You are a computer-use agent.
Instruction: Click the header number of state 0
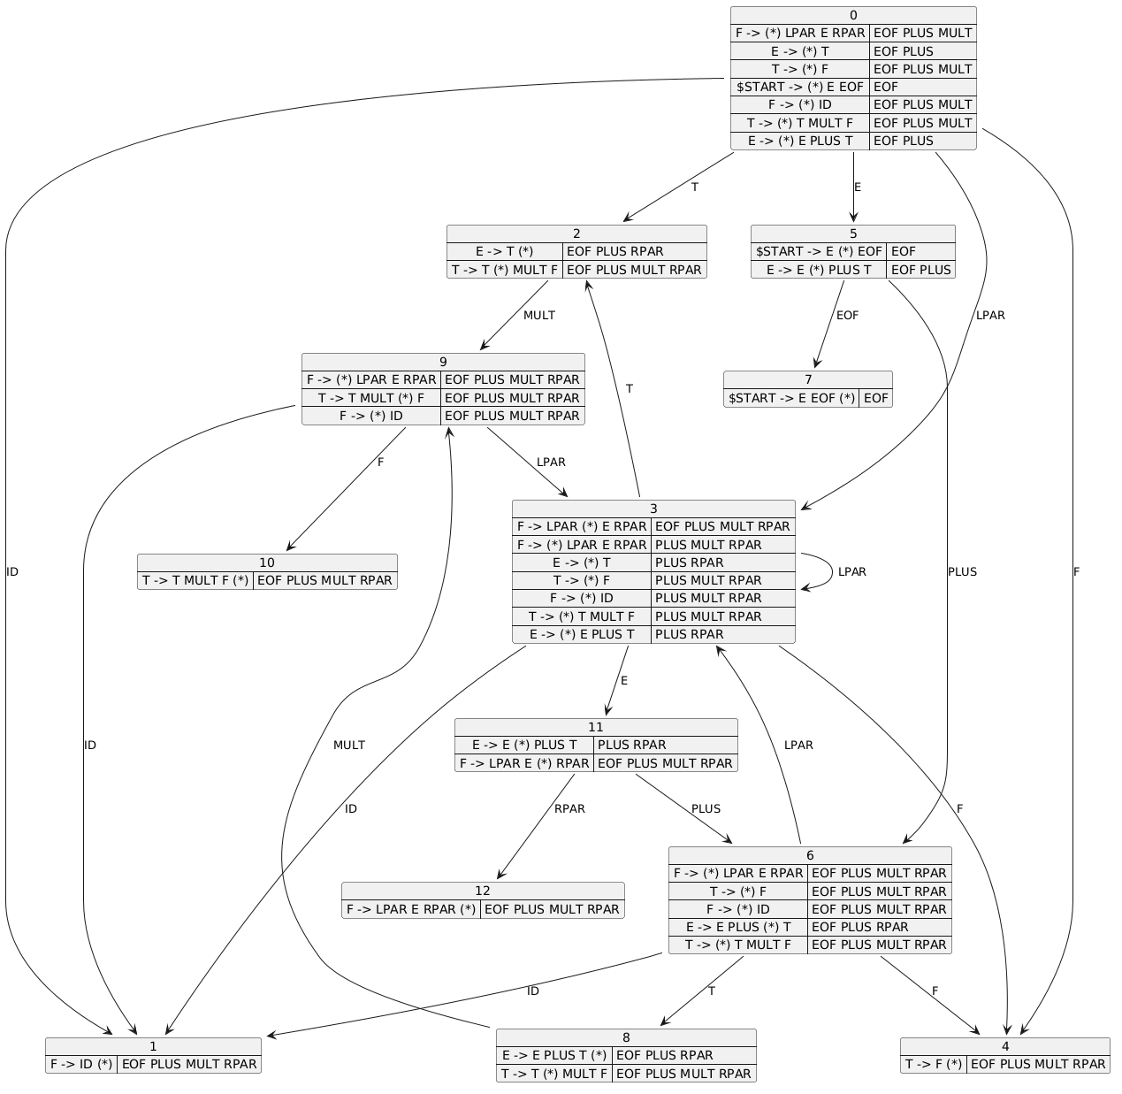[x=852, y=16]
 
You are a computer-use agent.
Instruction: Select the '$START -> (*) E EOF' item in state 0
[x=799, y=87]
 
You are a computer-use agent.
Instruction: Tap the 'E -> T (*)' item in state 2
[x=504, y=251]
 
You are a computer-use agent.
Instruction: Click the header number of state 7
[x=808, y=379]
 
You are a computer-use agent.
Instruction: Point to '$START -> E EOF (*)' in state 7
[x=791, y=398]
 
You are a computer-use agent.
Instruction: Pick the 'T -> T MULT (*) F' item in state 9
[x=370, y=398]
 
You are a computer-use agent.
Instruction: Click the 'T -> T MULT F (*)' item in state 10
[x=195, y=580]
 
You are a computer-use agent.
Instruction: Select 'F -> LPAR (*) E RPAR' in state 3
[x=581, y=526]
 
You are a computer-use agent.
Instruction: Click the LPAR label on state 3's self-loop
[x=851, y=571]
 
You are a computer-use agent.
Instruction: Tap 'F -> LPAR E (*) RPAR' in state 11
[x=524, y=763]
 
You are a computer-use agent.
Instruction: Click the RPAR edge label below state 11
[x=569, y=808]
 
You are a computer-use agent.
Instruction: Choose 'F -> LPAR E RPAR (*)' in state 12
[x=410, y=909]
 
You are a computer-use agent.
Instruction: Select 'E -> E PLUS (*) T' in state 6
[x=738, y=927]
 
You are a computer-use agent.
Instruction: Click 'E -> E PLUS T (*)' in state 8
[x=554, y=1055]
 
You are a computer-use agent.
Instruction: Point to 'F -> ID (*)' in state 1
[x=80, y=1064]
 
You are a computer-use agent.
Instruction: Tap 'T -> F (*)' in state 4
[x=933, y=1064]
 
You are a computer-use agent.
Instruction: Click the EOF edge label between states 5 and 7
[x=847, y=316]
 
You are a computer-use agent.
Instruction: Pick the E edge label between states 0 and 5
[x=857, y=187]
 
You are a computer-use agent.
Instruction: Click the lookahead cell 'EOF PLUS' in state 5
[x=920, y=270]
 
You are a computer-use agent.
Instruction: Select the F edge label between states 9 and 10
[x=380, y=462]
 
